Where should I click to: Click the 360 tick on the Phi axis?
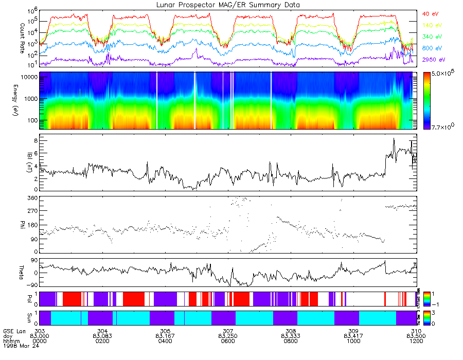point(32,198)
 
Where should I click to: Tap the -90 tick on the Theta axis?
point(30,284)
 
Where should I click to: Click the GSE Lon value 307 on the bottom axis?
point(228,331)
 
